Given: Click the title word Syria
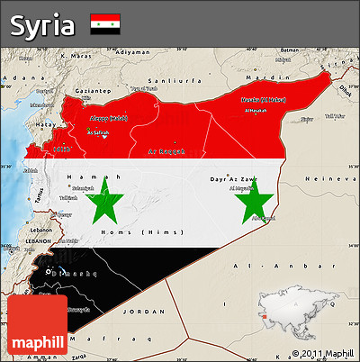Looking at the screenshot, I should point(42,24).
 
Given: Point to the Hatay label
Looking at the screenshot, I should point(44,123).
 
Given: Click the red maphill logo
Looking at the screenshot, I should point(37,326).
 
